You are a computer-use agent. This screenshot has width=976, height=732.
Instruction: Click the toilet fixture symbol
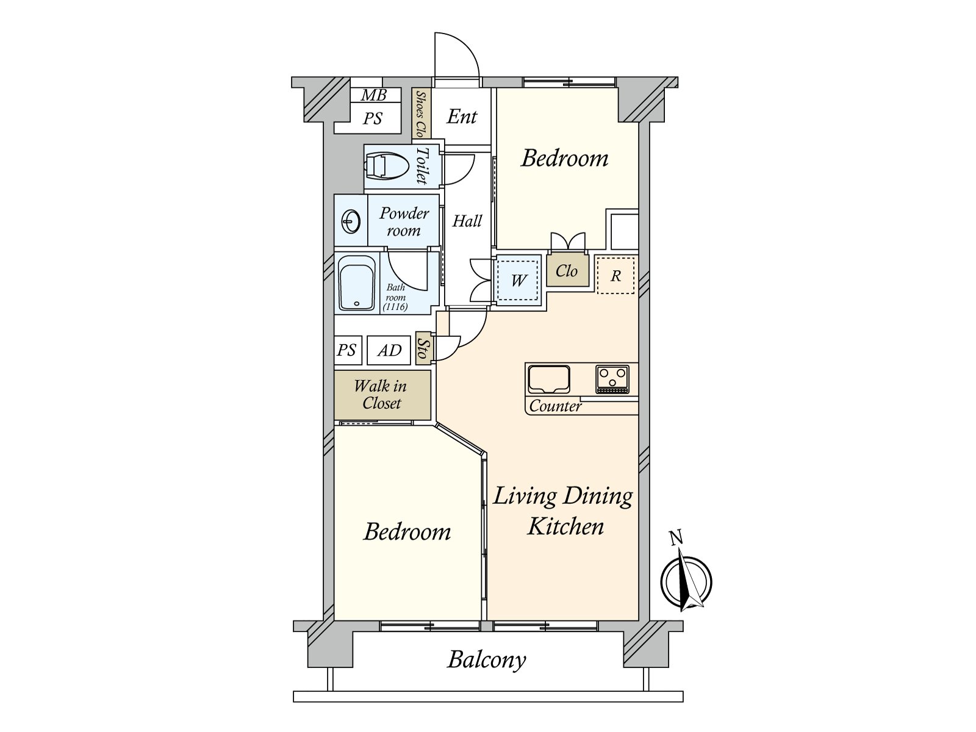click(386, 167)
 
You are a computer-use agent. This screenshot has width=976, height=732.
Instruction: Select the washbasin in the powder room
click(351, 221)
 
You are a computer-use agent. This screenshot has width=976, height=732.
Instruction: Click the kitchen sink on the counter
click(548, 379)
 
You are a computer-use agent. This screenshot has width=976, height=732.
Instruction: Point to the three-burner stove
click(612, 379)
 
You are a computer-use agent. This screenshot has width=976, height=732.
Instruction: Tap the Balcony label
click(486, 659)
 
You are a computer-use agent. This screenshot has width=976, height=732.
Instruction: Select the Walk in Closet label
click(381, 394)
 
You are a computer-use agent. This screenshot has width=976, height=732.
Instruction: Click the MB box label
click(373, 95)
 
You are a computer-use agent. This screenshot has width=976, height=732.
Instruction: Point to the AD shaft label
click(389, 350)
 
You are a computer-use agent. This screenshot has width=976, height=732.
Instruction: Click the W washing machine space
click(518, 281)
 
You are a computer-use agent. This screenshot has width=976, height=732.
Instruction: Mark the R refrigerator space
click(615, 276)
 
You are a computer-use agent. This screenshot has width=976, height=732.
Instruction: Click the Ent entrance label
click(462, 117)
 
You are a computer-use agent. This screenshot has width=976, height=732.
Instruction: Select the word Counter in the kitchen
click(555, 406)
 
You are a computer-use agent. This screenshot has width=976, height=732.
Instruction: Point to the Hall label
click(467, 221)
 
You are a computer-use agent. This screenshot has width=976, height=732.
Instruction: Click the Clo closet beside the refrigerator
click(567, 270)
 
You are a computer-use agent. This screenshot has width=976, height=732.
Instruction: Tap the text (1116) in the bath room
click(395, 307)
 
